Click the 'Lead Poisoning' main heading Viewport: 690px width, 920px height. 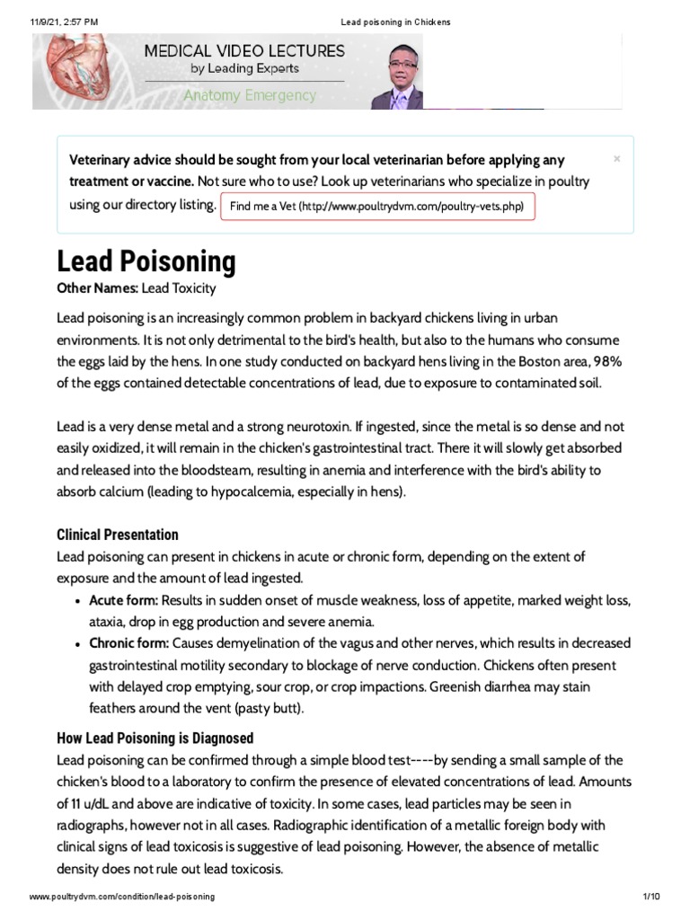[146, 261]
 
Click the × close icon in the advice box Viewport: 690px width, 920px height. [616, 159]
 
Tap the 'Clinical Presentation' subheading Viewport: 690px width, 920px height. [118, 535]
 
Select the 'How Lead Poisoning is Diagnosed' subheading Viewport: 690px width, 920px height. [155, 738]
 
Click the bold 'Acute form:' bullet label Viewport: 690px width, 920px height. [124, 600]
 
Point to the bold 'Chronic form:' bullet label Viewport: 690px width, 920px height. [128, 643]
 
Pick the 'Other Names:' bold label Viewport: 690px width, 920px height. [97, 289]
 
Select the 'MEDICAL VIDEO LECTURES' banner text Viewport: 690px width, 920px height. [245, 51]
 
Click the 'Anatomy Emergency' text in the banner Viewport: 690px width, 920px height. [250, 95]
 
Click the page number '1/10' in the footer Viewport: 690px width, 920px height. [651, 898]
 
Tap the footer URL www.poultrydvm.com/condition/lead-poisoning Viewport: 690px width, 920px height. [122, 898]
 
